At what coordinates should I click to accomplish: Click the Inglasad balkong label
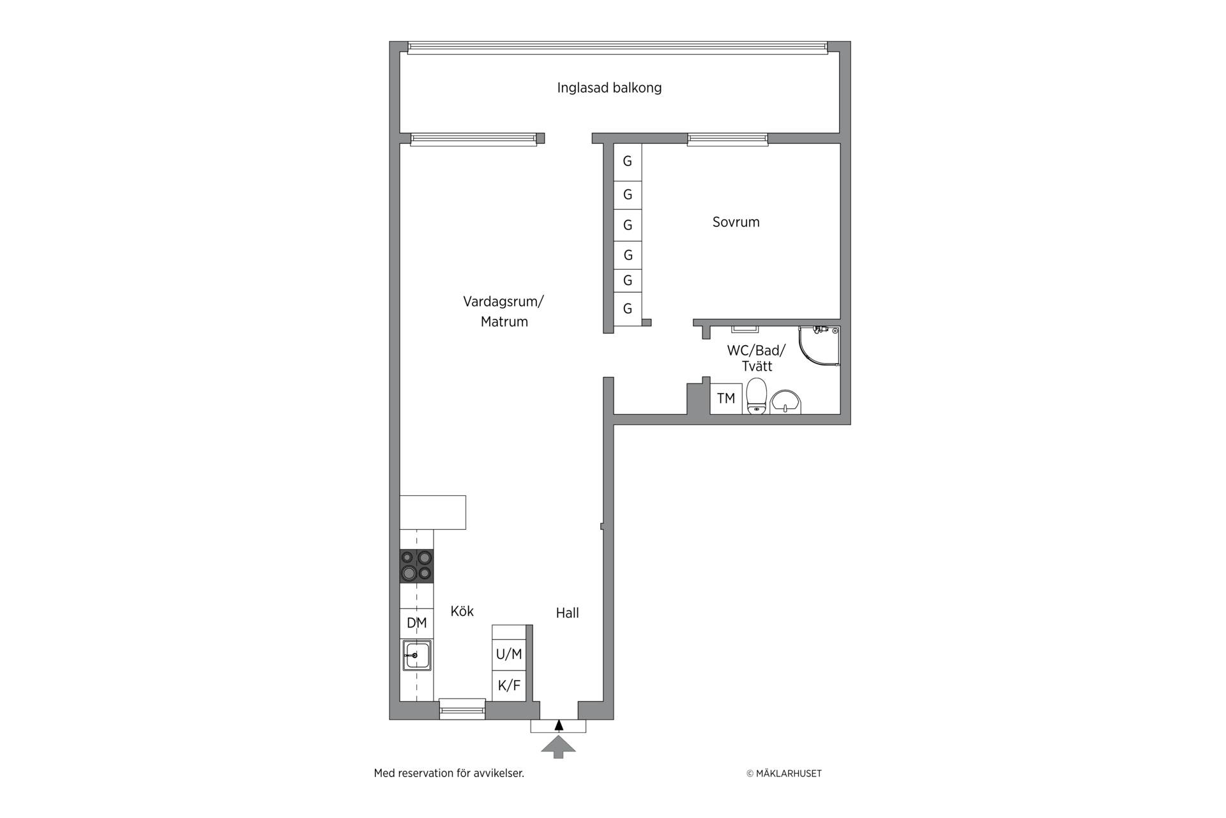(x=609, y=88)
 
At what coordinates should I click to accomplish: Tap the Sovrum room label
(x=736, y=222)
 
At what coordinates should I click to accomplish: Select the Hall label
(x=567, y=613)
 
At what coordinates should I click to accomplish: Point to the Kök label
(x=462, y=611)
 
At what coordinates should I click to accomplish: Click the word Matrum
(x=504, y=321)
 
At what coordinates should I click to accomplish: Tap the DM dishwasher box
(x=416, y=623)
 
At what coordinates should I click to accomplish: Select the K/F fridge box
(x=509, y=686)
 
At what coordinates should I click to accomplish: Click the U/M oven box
(x=509, y=654)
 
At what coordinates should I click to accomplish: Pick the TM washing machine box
(x=726, y=399)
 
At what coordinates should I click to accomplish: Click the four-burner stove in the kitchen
(x=416, y=566)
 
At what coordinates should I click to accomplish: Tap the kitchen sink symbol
(x=416, y=655)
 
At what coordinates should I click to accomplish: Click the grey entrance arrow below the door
(x=558, y=747)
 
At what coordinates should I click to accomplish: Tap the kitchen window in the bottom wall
(x=462, y=709)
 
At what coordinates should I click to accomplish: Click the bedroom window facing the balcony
(x=727, y=139)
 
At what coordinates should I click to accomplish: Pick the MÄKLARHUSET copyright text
(x=784, y=773)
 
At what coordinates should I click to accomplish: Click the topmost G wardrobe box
(x=628, y=162)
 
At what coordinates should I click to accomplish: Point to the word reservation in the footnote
(x=427, y=773)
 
